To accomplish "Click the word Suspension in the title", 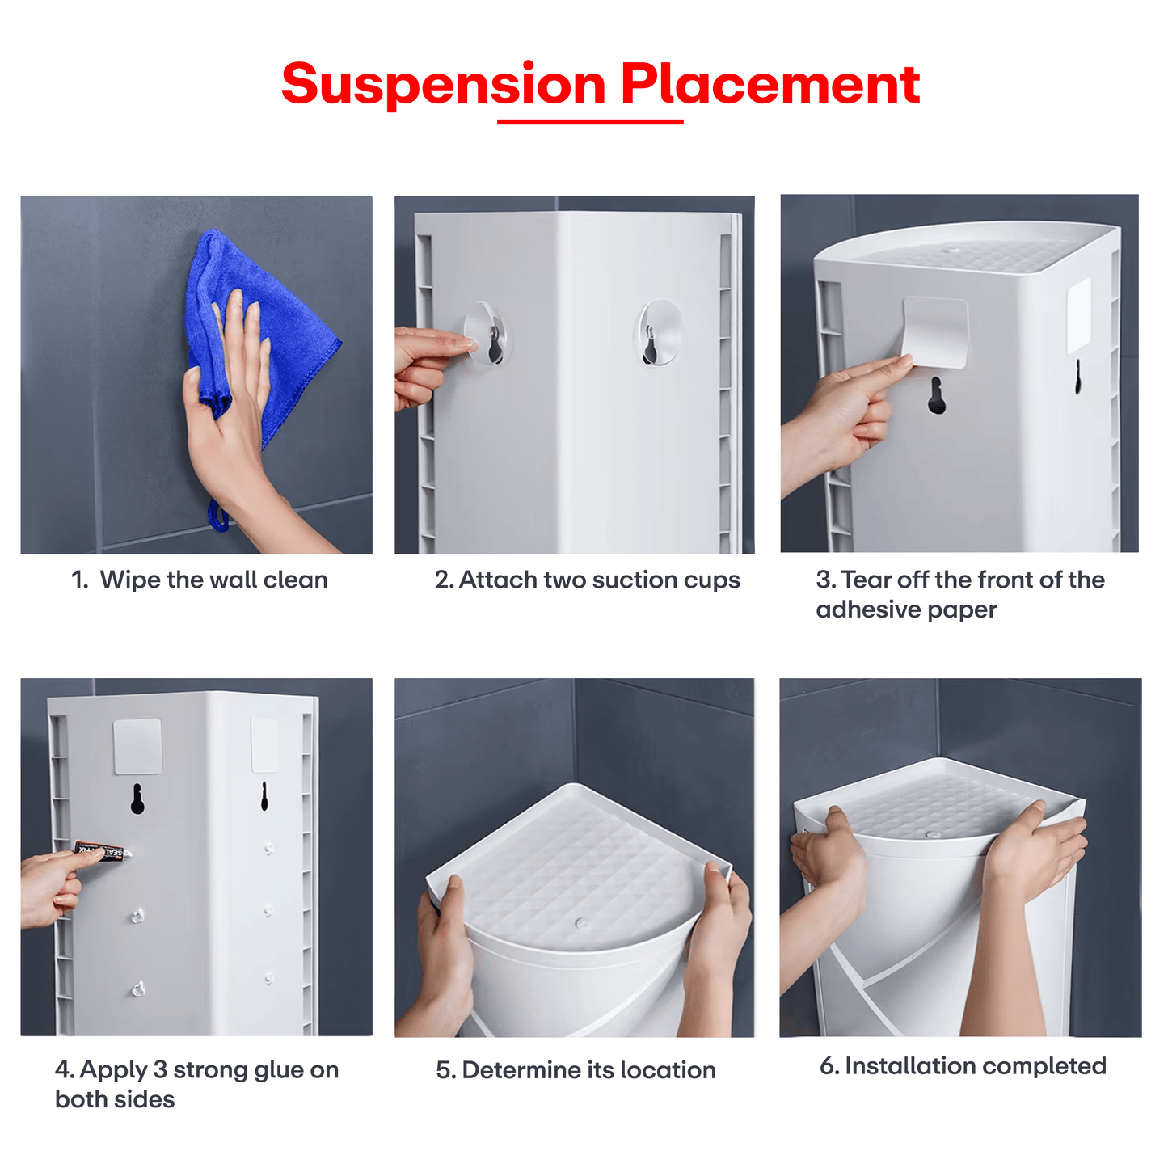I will point(443,85).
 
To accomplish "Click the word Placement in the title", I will point(770,85).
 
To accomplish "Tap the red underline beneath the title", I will point(590,122).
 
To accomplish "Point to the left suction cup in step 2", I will point(488,334).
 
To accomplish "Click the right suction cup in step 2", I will point(659,332).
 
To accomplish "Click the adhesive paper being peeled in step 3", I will point(935,331).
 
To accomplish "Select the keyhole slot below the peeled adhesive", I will point(936,396).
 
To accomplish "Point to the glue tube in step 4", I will point(101,851).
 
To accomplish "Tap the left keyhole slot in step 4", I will point(137,799).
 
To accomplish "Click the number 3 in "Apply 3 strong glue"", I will point(159,1069).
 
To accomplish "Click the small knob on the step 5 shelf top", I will point(581,922).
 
